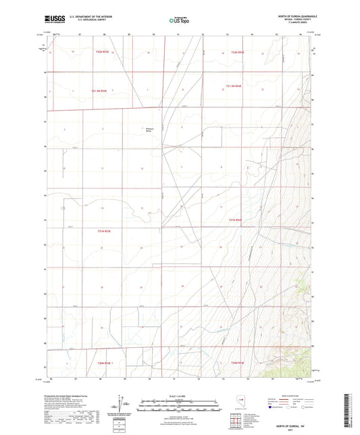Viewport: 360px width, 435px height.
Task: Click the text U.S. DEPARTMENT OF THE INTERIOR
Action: pos(86,18)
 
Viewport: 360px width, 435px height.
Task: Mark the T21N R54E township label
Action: pos(234,220)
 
